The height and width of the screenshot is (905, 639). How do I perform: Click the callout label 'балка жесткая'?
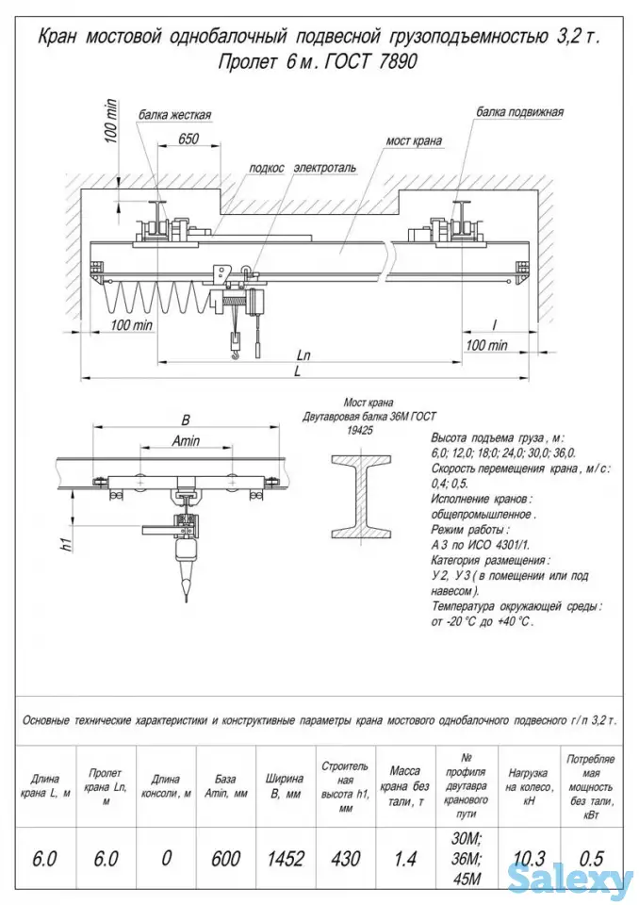(175, 115)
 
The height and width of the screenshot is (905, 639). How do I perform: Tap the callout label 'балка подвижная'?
(519, 111)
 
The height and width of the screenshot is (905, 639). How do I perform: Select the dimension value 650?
(188, 139)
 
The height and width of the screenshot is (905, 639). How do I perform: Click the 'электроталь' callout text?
(324, 168)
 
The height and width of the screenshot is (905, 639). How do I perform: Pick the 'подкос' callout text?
(267, 168)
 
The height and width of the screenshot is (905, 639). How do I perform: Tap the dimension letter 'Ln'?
(303, 356)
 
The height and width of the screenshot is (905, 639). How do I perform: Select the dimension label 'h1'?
(66, 545)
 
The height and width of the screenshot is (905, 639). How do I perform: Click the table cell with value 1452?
(286, 858)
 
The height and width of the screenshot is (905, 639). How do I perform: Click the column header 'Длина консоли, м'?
(166, 786)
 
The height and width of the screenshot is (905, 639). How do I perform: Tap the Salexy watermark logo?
(571, 882)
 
